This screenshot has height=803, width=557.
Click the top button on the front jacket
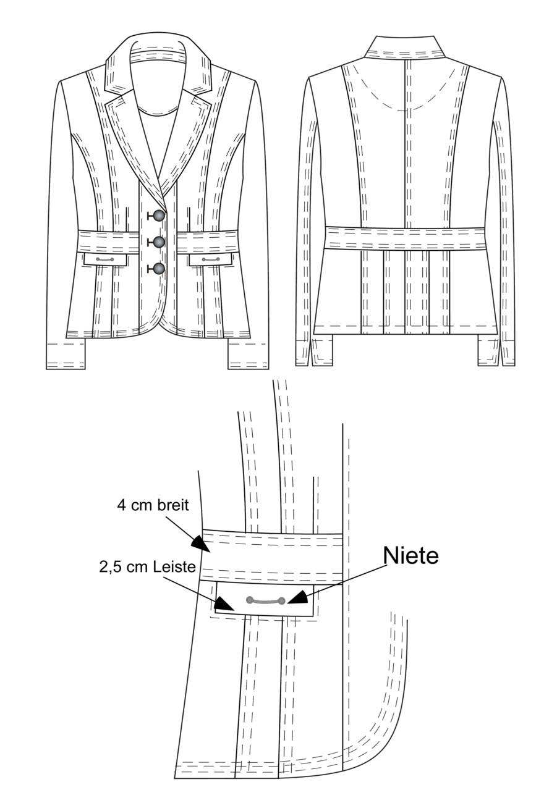(x=159, y=216)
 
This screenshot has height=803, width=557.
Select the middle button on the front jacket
(x=159, y=242)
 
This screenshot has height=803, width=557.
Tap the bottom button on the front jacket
(x=159, y=269)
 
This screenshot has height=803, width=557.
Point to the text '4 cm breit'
(x=153, y=505)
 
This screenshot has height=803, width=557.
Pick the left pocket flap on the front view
(x=105, y=259)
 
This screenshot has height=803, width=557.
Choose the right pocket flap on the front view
(x=211, y=259)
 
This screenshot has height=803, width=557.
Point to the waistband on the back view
(x=405, y=238)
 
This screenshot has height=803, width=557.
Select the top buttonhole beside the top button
(x=150, y=216)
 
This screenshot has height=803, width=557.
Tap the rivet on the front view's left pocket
(x=105, y=259)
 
